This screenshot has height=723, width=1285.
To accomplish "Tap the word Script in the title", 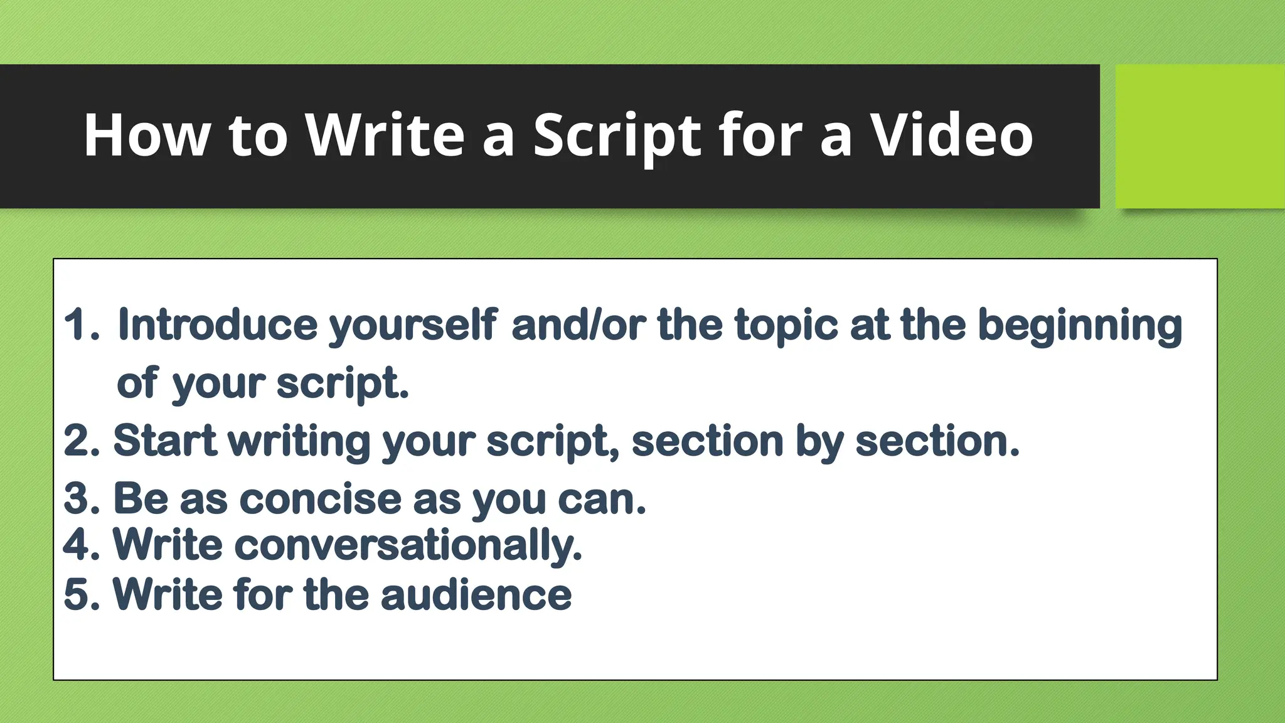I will [x=617, y=135].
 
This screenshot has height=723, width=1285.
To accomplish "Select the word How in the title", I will [x=147, y=135].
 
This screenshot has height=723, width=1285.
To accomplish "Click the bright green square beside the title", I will [x=1200, y=136].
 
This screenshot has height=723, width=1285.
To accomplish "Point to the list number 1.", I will [x=80, y=325].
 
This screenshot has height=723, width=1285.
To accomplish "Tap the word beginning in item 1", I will [x=1080, y=325].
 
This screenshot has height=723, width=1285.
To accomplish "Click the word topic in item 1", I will [x=786, y=325].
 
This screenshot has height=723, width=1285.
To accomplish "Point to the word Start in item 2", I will [x=165, y=441].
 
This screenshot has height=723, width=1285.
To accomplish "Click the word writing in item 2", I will [x=299, y=441].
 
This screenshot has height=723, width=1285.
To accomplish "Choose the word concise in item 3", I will [x=320, y=500].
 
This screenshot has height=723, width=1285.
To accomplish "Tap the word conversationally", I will [x=408, y=545].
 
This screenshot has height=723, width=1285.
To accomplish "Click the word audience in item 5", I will [x=476, y=594].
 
